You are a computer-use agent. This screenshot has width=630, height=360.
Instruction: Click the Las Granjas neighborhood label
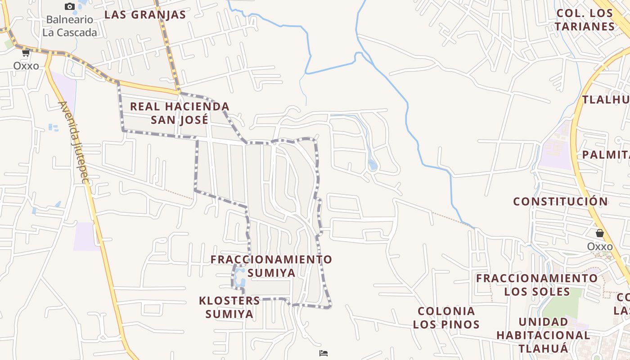point(145,14)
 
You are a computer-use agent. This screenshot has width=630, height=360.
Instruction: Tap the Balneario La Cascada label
point(70,26)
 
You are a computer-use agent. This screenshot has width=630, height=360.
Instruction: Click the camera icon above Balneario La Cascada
point(69,6)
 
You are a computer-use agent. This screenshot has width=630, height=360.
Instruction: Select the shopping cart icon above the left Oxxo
point(26,53)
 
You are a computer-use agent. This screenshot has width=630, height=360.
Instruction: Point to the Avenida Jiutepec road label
point(73,142)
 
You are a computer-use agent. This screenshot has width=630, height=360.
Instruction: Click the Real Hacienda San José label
point(180,113)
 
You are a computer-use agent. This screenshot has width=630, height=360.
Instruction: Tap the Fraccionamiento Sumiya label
point(271,266)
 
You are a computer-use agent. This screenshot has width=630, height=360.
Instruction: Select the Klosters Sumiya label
point(229,307)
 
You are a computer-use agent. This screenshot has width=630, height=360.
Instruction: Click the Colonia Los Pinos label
point(446,317)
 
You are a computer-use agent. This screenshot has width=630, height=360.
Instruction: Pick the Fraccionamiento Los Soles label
point(537,284)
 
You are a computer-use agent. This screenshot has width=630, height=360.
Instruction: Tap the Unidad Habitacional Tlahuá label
point(543,335)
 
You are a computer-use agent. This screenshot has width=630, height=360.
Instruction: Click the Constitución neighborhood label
point(560,201)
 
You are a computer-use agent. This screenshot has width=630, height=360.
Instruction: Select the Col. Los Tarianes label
point(585,20)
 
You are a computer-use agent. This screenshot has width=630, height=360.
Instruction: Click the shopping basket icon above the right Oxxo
point(599,233)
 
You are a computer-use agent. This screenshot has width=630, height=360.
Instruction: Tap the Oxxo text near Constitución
point(599,247)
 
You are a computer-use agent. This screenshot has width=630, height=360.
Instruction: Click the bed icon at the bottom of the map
point(323,353)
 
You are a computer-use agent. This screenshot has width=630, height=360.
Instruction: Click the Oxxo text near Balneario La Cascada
point(26,66)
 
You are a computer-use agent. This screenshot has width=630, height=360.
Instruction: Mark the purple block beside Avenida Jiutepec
point(85,236)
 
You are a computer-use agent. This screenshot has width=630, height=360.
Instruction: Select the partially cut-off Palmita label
point(605,155)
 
